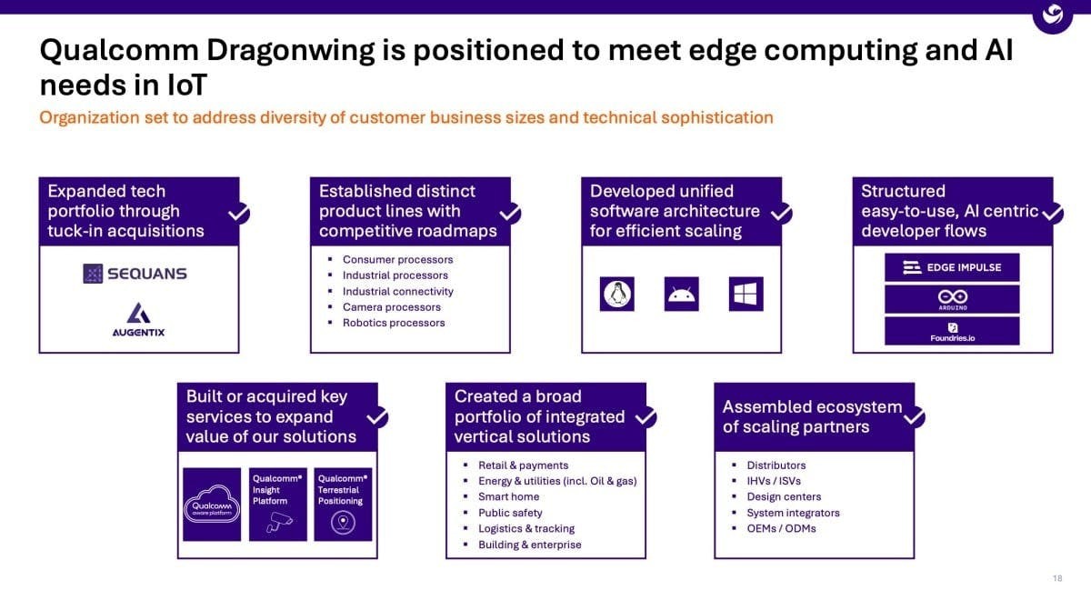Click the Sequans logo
135,274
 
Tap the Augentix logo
138,319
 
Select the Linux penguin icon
617,294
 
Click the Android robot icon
681,294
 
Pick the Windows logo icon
746,294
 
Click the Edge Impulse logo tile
952,267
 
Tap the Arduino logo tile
952,299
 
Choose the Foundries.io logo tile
952,331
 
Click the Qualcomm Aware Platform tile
212,505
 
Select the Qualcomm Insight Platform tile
277,505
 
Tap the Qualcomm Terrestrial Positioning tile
343,505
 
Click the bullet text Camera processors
391,307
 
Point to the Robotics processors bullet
393,323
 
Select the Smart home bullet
508,496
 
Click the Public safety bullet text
510,513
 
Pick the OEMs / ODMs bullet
781,528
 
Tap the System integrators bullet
793,513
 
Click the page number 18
1057,578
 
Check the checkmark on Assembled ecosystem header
914,417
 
